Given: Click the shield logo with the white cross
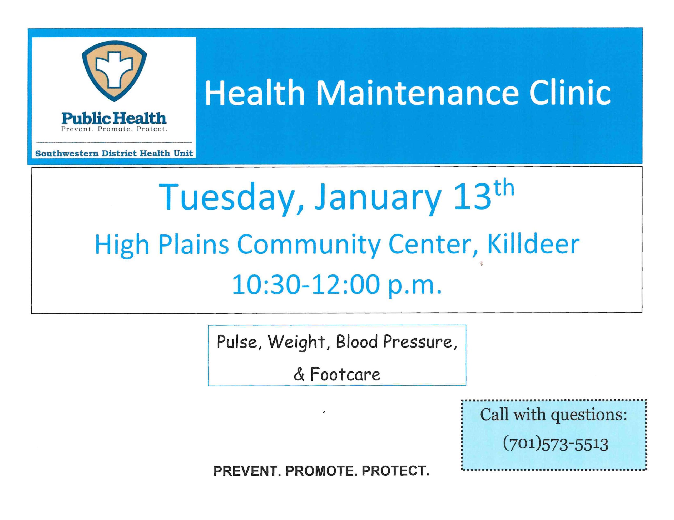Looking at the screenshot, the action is point(114,71).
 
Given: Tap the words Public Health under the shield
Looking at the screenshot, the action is point(114,118).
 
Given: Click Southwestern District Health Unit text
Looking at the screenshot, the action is point(114,153).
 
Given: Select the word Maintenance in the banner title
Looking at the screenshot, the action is point(417,93).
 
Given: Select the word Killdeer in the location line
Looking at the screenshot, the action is point(533,244).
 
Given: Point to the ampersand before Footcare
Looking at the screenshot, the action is point(299,375).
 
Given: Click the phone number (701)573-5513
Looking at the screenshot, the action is point(556,444).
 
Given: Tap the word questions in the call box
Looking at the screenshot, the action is point(589,415).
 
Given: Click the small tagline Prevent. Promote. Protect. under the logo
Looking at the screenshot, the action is point(114,129).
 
